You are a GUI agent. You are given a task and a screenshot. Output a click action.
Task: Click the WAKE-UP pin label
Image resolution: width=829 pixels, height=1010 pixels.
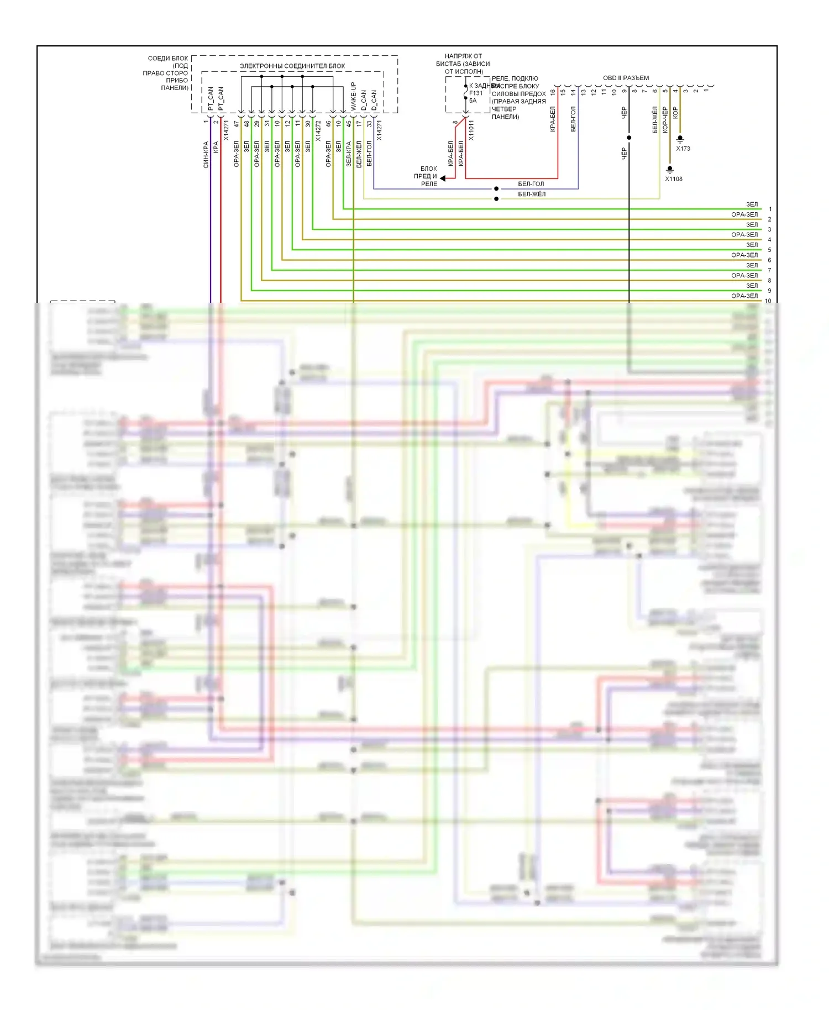pos(353,96)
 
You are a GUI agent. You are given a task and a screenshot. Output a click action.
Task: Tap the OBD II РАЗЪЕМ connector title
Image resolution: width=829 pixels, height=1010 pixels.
pos(626,78)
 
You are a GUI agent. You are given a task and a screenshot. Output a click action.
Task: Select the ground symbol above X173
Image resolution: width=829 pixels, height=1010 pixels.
pos(680,139)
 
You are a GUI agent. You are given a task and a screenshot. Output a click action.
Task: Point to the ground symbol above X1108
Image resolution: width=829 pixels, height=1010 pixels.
pos(670,169)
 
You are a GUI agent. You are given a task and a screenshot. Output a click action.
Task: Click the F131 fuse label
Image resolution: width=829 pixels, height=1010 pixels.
pos(476,93)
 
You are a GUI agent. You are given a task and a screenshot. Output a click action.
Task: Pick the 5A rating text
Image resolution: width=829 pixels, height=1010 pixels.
pos(473,101)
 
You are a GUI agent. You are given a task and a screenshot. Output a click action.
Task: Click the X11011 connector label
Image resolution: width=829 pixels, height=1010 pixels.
pos(471,130)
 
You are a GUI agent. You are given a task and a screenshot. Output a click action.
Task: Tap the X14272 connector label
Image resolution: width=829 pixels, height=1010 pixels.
pos(318,130)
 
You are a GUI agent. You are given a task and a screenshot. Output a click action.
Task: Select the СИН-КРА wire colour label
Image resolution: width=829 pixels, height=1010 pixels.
pos(206,155)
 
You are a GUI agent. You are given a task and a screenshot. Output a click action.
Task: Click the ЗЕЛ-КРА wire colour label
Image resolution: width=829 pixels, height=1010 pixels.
pos(349,154)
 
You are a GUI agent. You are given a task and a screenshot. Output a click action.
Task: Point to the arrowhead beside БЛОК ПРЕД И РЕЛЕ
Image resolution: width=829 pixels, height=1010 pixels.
pos(443,178)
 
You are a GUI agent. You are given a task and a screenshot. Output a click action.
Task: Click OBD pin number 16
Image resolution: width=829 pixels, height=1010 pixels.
pos(553,92)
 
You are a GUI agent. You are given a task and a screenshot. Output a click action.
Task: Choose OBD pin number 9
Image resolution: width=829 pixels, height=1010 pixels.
pos(624,92)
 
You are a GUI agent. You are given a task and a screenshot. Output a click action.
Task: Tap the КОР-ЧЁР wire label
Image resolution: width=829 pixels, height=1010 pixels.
pos(665,120)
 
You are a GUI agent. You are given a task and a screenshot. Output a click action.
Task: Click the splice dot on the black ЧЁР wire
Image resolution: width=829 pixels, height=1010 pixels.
pos(629,138)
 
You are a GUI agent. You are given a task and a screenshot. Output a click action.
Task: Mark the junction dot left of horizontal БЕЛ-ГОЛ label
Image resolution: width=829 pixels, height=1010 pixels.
pos(496,189)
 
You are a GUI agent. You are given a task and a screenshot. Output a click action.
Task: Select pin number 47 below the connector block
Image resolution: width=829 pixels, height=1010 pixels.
pos(236,124)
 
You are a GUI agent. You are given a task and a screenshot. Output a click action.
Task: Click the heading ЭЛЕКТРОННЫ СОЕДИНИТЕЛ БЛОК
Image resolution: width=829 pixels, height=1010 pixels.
pos(292,66)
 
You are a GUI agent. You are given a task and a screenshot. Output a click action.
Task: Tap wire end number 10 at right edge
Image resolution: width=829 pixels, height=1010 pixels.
pos(768,301)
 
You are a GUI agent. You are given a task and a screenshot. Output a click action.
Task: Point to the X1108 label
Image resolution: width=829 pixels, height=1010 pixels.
pos(674,179)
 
